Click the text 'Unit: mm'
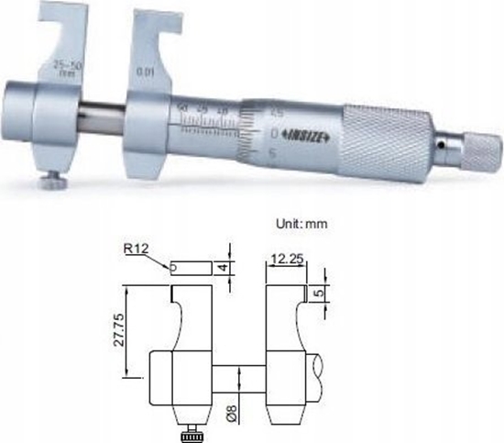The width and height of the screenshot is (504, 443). (301, 223)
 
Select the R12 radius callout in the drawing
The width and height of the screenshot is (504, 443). (135, 248)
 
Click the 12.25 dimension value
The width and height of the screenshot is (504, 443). (287, 261)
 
